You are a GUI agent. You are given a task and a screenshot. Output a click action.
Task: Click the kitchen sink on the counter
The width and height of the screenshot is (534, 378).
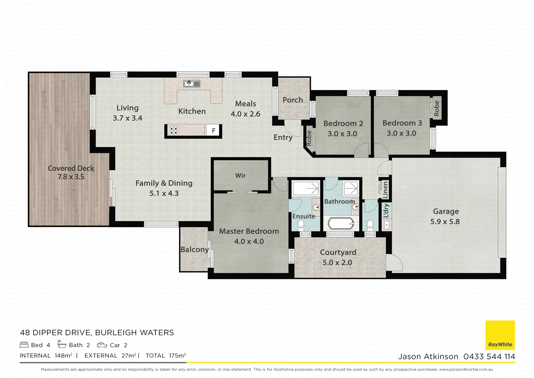click(192, 84)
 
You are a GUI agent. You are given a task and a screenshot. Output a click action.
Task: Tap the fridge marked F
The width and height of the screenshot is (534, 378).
click(214, 131)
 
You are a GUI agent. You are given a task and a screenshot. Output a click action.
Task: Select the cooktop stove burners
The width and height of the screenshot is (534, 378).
click(174, 131)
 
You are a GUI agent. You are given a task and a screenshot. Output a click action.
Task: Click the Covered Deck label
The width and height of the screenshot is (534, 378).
click(71, 168)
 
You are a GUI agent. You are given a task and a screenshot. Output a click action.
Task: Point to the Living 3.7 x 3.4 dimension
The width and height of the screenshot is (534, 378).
click(127, 118)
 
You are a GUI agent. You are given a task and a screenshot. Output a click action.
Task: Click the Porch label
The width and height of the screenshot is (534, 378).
click(293, 100)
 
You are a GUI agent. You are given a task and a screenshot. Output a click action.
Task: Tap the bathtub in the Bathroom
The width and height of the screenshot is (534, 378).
click(341, 224)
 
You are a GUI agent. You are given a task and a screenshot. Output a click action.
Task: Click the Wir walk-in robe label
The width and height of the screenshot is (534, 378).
click(240, 176)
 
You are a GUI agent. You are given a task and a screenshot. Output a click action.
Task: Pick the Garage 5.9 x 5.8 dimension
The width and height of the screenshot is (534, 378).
click(445, 222)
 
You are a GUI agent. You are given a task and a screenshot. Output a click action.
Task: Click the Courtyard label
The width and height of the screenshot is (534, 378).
click(338, 252)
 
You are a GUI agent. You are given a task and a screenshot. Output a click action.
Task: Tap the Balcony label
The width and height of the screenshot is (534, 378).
click(194, 250)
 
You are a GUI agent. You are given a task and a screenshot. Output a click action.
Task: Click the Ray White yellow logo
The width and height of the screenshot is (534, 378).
click(500, 335)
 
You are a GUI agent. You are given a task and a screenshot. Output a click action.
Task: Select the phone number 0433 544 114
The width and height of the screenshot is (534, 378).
click(489, 357)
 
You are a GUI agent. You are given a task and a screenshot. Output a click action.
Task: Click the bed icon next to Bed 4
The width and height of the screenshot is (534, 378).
click(24, 345)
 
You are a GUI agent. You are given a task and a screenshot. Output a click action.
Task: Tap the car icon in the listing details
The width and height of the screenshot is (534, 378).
click(102, 345)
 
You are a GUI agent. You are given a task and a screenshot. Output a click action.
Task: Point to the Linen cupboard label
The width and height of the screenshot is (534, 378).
click(385, 190)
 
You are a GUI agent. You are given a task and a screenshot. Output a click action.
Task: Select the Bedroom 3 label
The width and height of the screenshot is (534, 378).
click(402, 123)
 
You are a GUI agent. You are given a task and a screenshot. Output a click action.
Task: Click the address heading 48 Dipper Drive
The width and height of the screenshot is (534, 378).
click(97, 332)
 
